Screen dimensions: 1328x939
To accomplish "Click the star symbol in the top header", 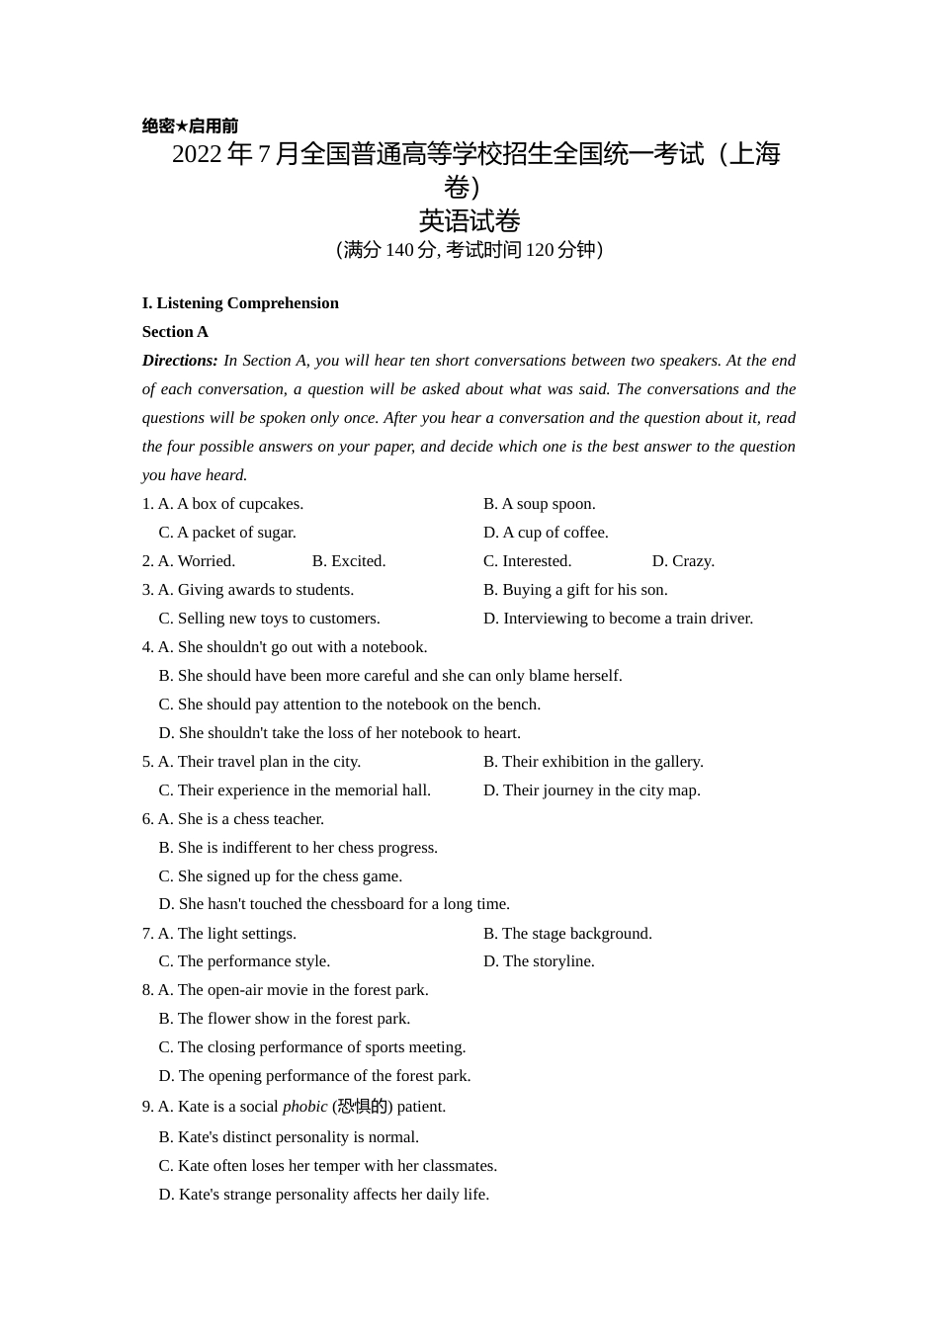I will tap(182, 126).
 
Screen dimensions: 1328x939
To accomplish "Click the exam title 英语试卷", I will tap(469, 220).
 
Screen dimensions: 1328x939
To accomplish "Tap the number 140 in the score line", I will tap(399, 250).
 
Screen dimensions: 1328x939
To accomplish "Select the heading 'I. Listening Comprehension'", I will tap(240, 303).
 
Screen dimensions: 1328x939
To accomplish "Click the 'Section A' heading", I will tap(175, 332).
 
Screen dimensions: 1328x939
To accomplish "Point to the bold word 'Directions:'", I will tap(180, 361).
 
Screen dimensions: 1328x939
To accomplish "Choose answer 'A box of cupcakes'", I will tap(239, 504).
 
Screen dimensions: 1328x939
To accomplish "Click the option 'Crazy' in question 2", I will tap(692, 561).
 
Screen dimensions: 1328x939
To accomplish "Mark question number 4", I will tap(147, 647).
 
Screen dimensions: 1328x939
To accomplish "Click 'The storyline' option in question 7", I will tap(548, 961).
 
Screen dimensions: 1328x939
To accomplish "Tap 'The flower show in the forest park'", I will tap(294, 1019).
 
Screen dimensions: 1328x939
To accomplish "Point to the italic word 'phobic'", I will tap(304, 1107).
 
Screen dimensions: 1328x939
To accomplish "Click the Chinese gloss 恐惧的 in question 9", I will tap(362, 1107).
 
